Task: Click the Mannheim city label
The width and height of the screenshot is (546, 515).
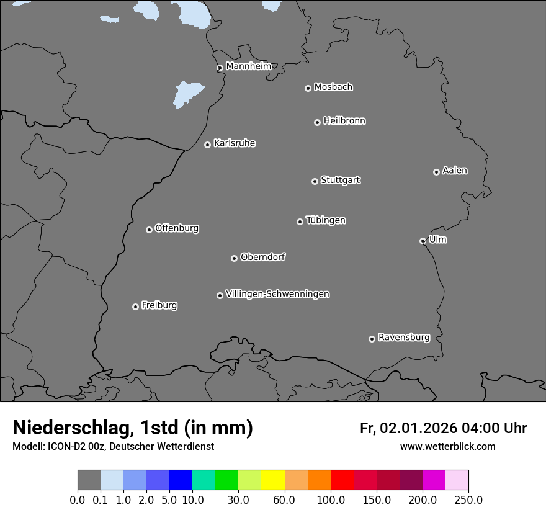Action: (x=248, y=66)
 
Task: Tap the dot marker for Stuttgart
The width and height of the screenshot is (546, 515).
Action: (x=315, y=181)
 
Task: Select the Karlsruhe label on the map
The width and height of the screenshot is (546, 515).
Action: (x=235, y=143)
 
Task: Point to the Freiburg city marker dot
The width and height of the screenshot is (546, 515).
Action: (x=135, y=307)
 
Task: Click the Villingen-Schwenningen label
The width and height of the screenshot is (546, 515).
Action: (x=277, y=294)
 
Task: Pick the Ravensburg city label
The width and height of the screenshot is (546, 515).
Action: (x=403, y=338)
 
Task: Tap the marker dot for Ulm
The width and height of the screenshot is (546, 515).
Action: (x=423, y=241)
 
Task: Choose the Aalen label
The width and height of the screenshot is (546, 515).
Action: (x=455, y=171)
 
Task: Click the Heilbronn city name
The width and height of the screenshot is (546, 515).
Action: (x=344, y=121)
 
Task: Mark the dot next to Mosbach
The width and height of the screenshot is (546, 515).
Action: (x=308, y=88)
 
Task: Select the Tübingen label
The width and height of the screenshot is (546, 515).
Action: (x=326, y=220)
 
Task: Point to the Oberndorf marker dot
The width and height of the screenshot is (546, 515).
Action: (x=234, y=258)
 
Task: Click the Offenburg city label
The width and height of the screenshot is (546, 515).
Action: (x=177, y=228)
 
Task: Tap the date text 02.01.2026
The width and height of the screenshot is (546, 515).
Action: (x=419, y=428)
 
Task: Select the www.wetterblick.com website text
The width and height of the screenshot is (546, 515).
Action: (x=447, y=446)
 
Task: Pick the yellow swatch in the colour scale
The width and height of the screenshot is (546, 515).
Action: (x=273, y=480)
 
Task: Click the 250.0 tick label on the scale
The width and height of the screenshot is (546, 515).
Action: (x=468, y=499)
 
